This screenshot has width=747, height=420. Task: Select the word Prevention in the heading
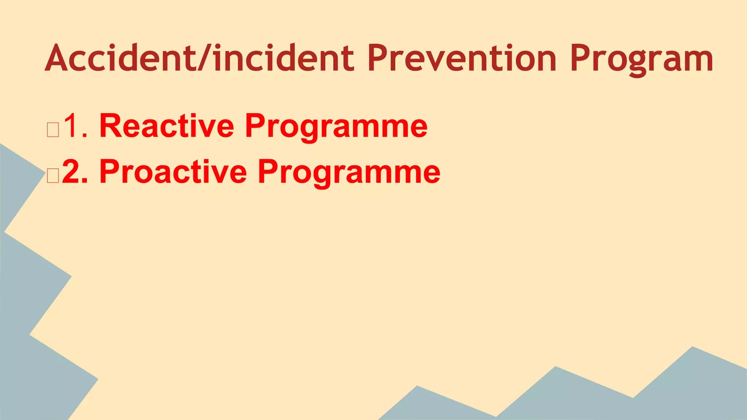462,58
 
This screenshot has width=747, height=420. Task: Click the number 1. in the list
75,126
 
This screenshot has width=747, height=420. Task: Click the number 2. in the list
75,172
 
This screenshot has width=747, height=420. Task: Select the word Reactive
166,126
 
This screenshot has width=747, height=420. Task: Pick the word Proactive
173,172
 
